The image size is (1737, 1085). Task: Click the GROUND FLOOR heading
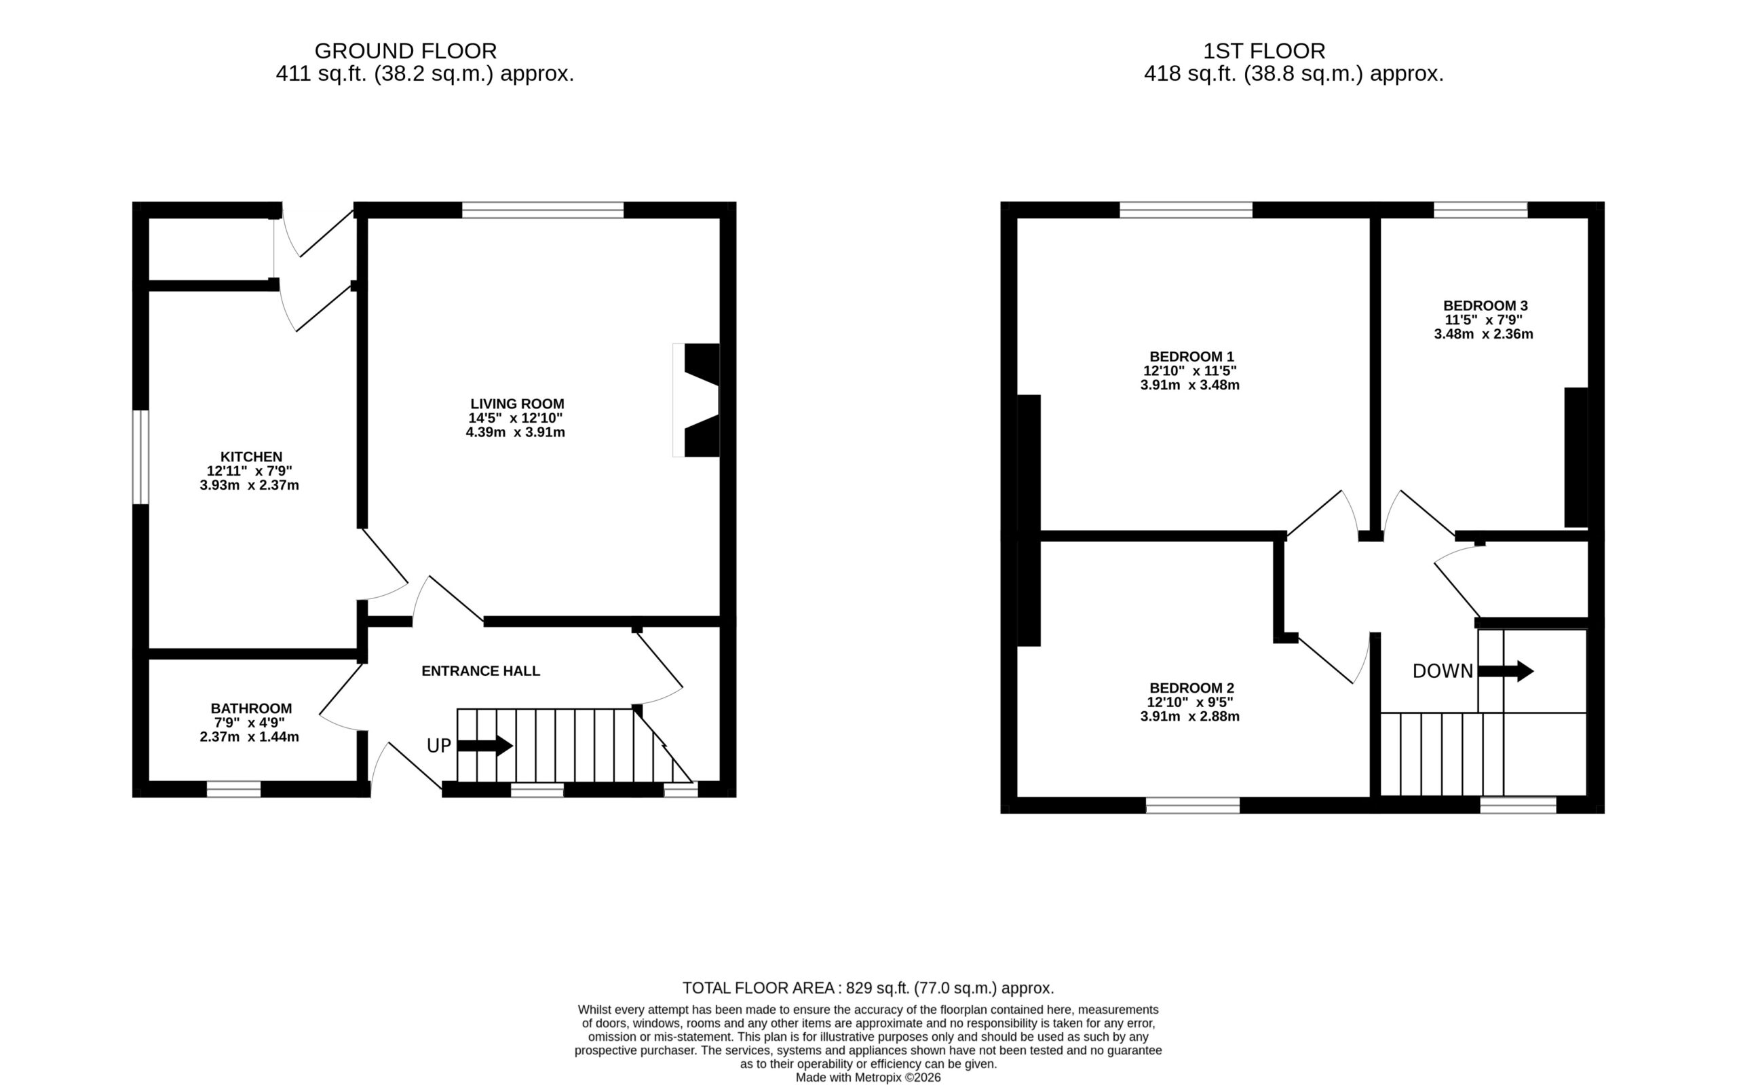click(x=405, y=51)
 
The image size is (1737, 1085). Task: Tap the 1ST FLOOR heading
click(x=1264, y=51)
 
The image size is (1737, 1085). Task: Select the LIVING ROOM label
click(x=517, y=404)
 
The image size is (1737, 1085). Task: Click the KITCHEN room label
click(x=251, y=457)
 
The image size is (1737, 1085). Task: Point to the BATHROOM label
click(x=251, y=708)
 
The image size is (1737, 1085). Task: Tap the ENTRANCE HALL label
click(x=480, y=671)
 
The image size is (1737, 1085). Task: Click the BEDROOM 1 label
click(x=1191, y=357)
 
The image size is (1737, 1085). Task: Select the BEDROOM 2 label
click(x=1191, y=688)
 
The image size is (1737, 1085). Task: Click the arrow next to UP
click(x=485, y=746)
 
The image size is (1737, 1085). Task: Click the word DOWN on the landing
click(x=1443, y=671)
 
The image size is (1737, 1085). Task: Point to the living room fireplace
click(x=696, y=400)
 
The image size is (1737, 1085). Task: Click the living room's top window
click(x=543, y=210)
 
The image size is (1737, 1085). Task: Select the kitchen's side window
click(x=140, y=457)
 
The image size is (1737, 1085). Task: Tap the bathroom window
click(x=234, y=789)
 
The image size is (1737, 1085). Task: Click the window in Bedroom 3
click(x=1481, y=210)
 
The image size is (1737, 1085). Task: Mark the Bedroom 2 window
click(x=1192, y=805)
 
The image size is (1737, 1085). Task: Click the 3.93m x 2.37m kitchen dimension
click(x=250, y=485)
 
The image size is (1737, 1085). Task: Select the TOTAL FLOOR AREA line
click(x=868, y=988)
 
